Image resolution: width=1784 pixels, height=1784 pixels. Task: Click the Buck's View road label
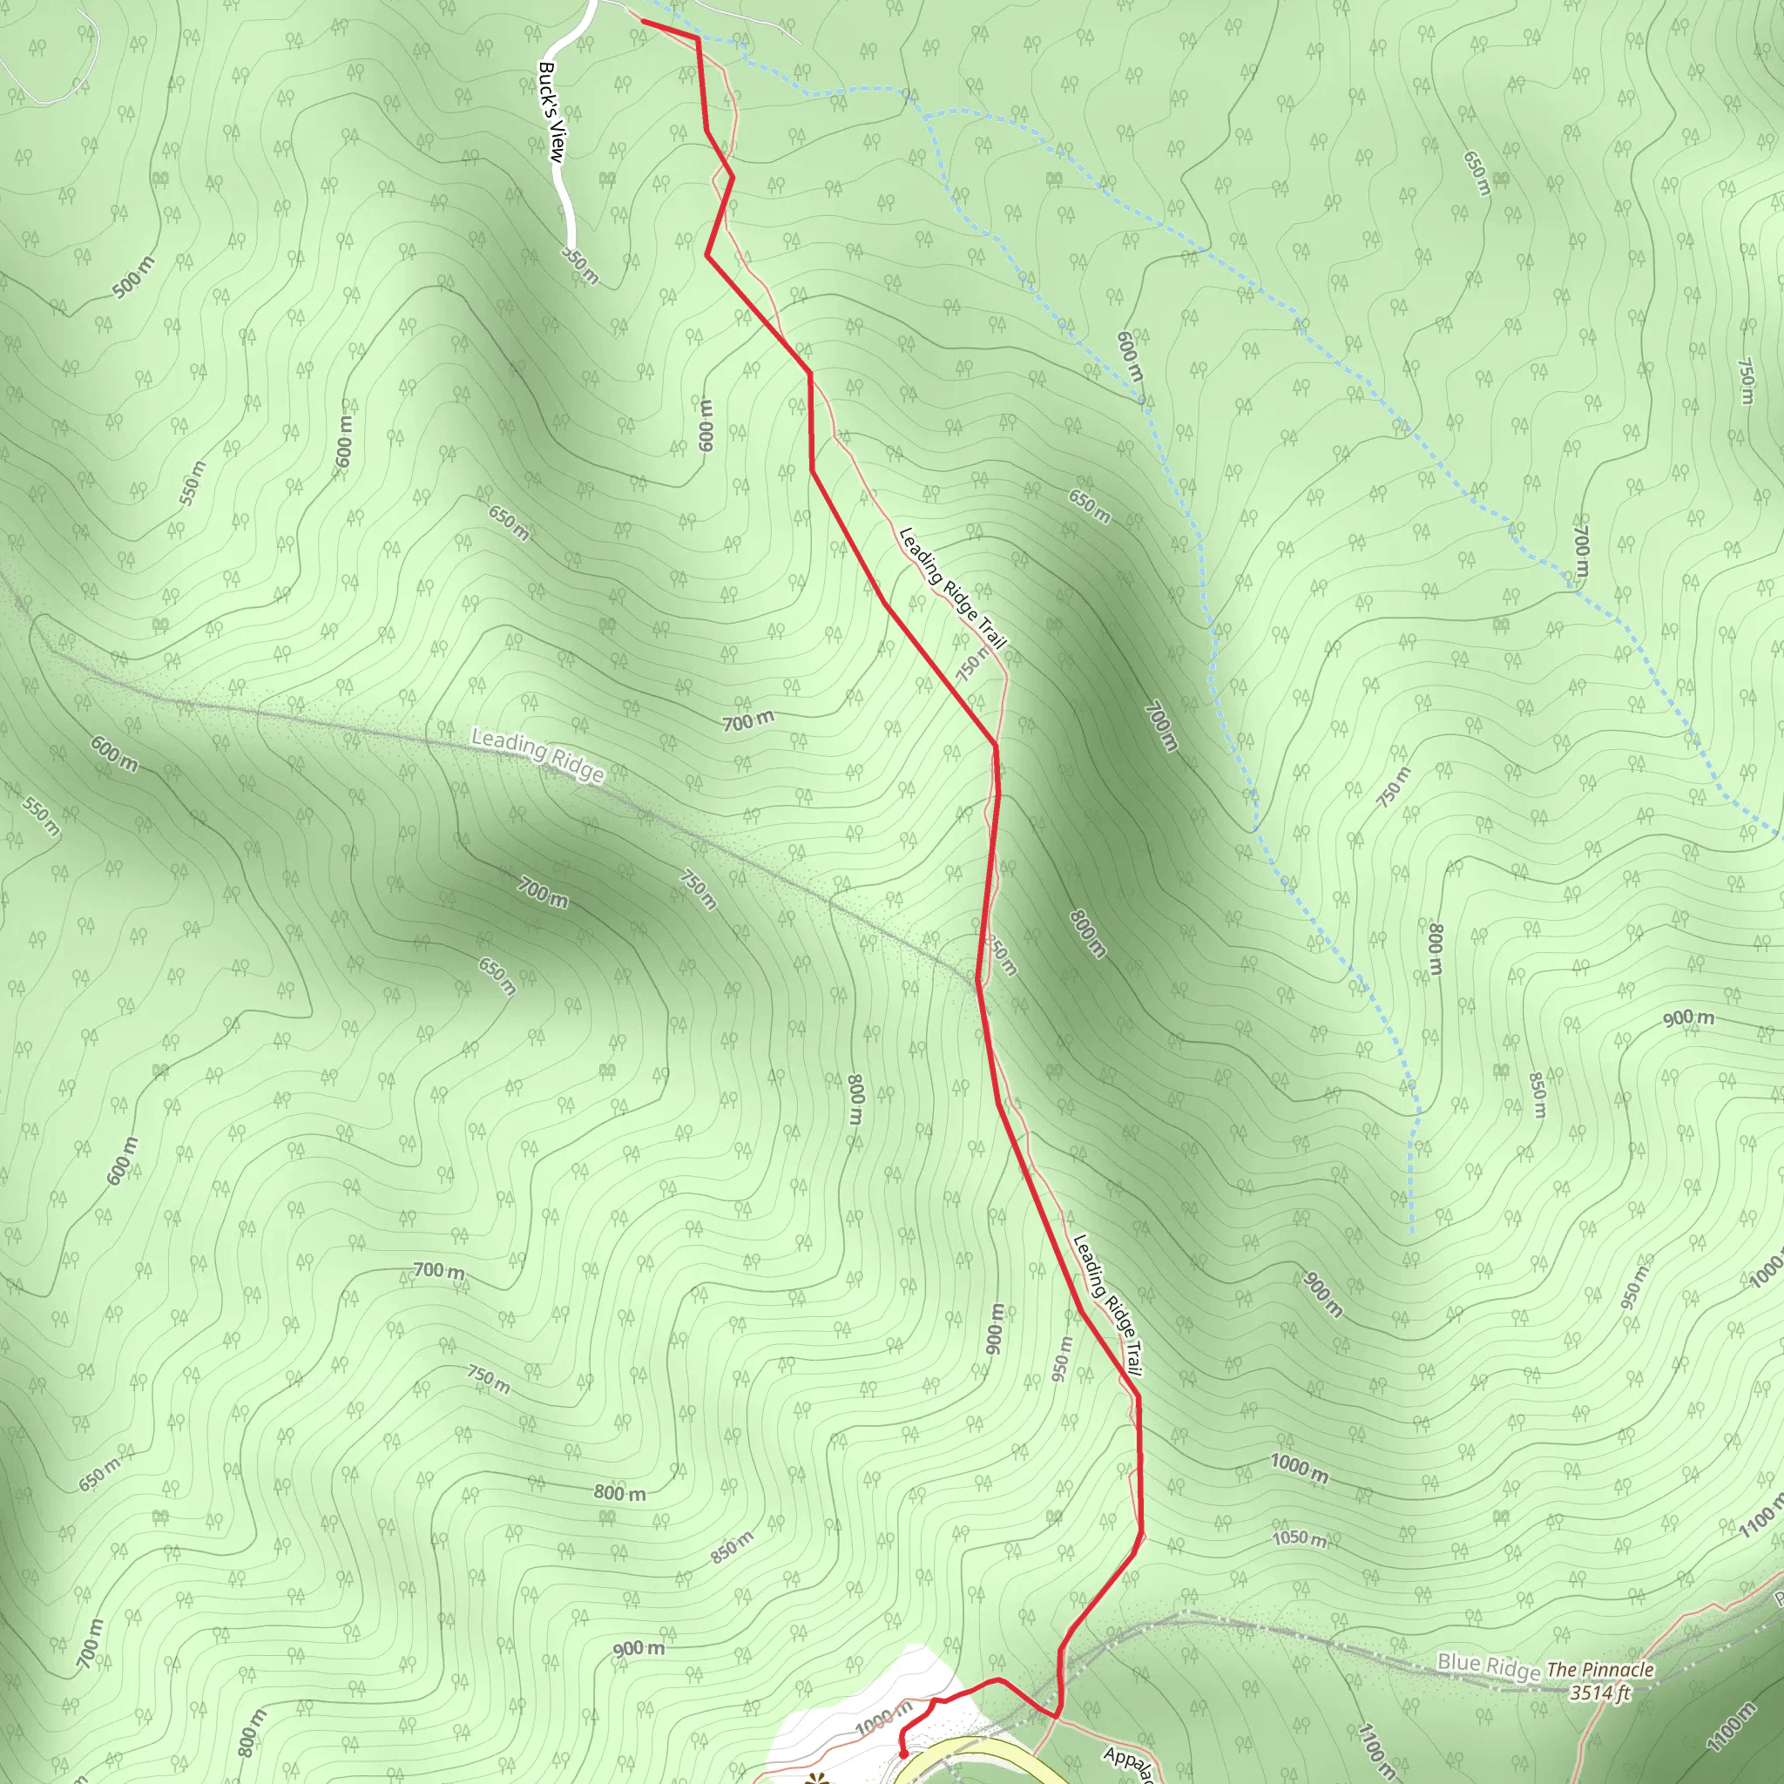click(551, 112)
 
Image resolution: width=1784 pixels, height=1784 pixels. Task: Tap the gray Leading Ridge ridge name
click(537, 755)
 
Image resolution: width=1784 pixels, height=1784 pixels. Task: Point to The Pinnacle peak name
click(1600, 1670)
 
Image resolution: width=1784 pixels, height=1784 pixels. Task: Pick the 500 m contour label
click(135, 277)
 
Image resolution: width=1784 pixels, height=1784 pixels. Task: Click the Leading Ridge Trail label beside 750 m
click(952, 587)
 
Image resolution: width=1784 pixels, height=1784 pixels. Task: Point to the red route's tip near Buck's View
click(643, 21)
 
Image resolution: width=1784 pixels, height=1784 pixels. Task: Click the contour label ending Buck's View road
click(580, 264)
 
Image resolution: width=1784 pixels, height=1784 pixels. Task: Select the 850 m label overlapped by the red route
click(1001, 955)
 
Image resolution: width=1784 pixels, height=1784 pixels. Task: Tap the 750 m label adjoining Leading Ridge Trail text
click(971, 662)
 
